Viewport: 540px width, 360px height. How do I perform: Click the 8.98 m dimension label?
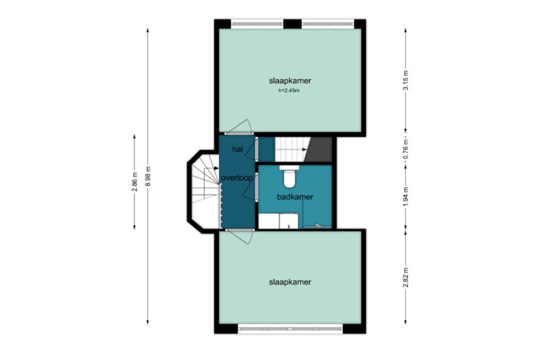[x=148, y=176]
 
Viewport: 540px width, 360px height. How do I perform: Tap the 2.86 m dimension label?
[x=134, y=182]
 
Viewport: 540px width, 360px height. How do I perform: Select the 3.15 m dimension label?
[x=406, y=80]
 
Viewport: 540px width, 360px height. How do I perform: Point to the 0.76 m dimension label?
[x=406, y=148]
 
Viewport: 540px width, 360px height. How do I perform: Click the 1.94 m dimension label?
[x=406, y=198]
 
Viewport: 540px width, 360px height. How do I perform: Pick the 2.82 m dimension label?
[x=406, y=277]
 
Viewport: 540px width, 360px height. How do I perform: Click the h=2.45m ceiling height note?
[x=289, y=91]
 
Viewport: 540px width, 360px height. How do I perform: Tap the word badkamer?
[x=295, y=197]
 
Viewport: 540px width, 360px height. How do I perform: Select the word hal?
[x=238, y=150]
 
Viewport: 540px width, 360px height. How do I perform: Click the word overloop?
[x=238, y=178]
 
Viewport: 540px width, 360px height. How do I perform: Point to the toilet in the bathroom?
[x=289, y=176]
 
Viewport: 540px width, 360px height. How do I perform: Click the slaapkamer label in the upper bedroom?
[x=290, y=81]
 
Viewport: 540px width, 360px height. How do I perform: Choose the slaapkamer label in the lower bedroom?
[x=290, y=282]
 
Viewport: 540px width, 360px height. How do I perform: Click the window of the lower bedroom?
[x=290, y=329]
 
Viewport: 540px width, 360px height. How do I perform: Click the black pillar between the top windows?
[x=292, y=24]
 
